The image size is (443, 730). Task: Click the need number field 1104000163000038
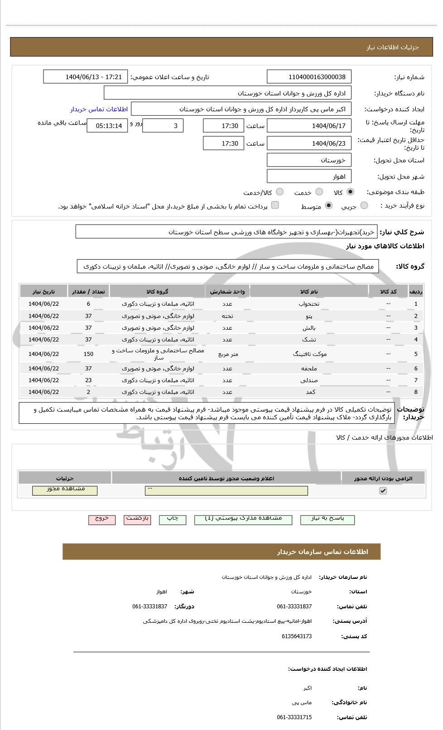[x=309, y=77]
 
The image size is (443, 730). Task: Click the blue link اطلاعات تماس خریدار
[x=99, y=109]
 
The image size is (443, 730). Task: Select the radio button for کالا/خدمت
[x=280, y=192]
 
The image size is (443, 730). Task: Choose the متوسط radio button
[x=329, y=206]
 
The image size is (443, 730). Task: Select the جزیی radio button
[x=364, y=206]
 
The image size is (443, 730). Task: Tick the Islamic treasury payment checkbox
[x=275, y=205]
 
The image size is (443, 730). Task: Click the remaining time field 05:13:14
[x=107, y=126]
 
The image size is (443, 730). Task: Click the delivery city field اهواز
[x=309, y=176]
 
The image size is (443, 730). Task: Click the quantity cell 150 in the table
[x=88, y=354]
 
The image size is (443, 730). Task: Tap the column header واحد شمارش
[x=227, y=292]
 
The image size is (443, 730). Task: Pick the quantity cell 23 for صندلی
[x=88, y=380]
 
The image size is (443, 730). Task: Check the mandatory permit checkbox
[x=383, y=491]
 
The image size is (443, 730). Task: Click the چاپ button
[x=173, y=520]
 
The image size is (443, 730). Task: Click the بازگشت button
[x=138, y=520]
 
